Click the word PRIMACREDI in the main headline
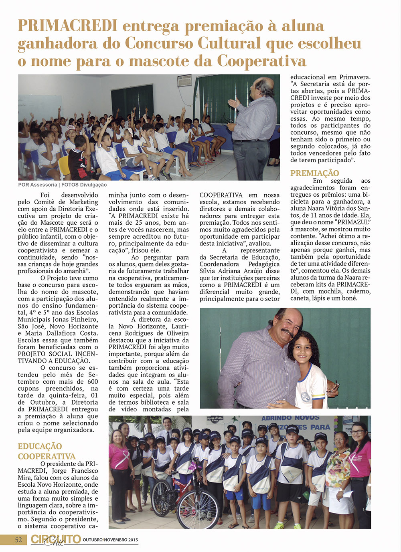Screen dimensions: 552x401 point(68,26)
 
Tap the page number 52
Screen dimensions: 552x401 point(18,540)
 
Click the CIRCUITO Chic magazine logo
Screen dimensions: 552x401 point(56,540)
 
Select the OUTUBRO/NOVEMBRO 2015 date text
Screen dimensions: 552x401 point(110,540)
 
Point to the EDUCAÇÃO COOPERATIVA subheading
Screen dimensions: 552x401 point(47,451)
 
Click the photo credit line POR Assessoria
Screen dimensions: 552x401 point(38,185)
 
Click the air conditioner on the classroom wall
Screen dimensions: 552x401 point(184,80)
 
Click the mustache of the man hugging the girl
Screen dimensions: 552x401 point(287,332)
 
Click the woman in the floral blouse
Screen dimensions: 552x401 point(338,469)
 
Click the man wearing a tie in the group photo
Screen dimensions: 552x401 point(167,431)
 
